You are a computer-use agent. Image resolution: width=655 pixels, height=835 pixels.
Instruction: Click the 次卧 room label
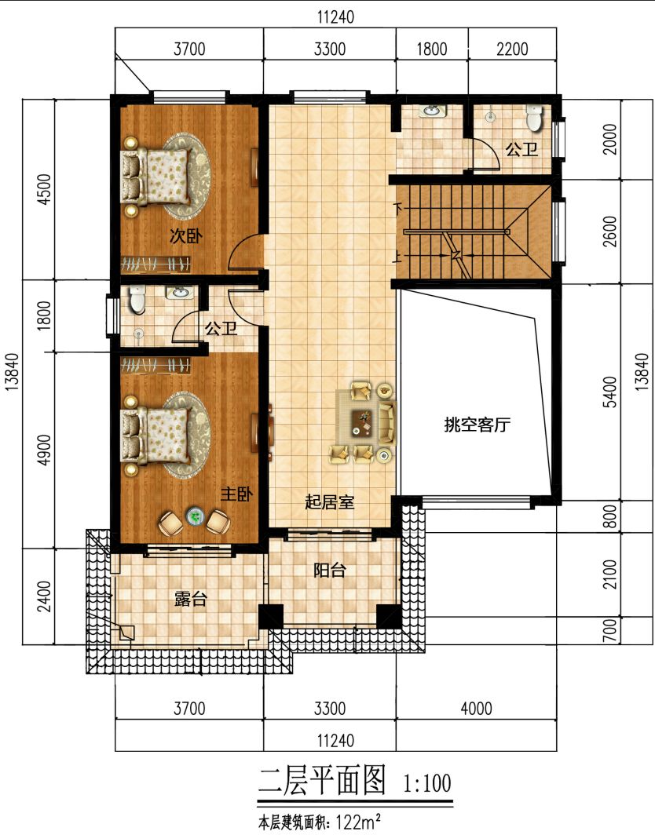point(185,235)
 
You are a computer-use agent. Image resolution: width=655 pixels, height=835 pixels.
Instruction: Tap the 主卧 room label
point(236,494)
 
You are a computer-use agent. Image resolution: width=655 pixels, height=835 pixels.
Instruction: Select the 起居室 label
point(329,502)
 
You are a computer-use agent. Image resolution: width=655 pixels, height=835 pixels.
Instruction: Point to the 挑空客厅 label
point(477,425)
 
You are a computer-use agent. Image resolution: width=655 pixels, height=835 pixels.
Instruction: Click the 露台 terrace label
point(190,599)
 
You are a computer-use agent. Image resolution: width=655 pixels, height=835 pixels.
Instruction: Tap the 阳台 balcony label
point(329,571)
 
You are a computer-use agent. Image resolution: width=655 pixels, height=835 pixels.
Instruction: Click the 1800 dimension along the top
point(432,49)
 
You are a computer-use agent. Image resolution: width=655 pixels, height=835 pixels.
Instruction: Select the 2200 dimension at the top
point(512,49)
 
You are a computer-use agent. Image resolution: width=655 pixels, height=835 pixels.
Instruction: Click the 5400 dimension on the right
point(611,392)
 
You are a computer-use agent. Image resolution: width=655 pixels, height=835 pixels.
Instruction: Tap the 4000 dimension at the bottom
point(476,708)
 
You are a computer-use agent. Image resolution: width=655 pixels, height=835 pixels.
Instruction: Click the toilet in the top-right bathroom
point(533,119)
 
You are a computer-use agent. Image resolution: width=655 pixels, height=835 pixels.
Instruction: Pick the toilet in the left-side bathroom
point(137,299)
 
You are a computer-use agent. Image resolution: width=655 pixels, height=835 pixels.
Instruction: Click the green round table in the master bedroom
point(195,516)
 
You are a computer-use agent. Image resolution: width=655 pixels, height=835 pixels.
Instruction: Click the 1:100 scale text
point(427,783)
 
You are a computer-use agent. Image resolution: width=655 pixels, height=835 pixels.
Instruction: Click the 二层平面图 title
point(322,781)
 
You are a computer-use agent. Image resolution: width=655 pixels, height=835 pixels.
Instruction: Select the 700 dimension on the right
point(611,630)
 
